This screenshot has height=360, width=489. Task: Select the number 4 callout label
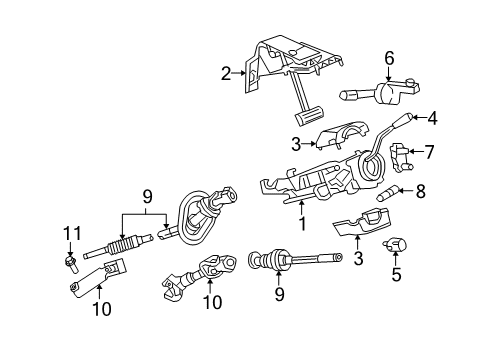[432, 118]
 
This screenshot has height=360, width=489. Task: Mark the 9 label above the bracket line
[147, 196]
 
